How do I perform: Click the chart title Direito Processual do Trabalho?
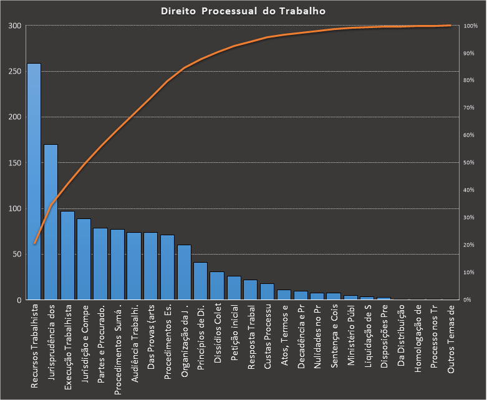tap(243, 11)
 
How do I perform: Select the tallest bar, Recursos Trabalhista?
tap(34, 181)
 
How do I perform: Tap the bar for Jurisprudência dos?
tap(51, 222)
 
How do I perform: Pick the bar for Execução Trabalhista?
tap(67, 255)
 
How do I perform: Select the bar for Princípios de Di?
tap(200, 281)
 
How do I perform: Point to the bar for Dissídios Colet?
tap(217, 286)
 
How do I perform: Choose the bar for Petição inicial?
tap(234, 288)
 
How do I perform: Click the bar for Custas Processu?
tap(267, 291)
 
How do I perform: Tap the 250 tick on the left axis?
tap(15, 71)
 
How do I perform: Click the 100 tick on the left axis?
tap(15, 208)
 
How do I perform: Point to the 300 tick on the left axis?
tap(15, 26)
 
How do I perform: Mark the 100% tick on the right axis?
tap(470, 26)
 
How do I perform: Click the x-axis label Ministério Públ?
tap(351, 339)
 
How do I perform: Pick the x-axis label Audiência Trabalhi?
tap(133, 343)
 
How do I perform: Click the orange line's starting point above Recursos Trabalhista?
tap(34, 243)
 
